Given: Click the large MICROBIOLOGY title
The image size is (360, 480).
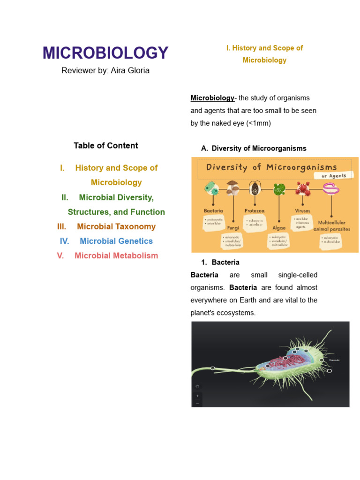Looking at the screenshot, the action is click(105, 53).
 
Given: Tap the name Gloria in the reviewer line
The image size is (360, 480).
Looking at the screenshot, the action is click(137, 71).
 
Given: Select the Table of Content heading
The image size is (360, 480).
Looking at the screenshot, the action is click(105, 145).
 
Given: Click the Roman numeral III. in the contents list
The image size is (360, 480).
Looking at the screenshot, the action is click(61, 226).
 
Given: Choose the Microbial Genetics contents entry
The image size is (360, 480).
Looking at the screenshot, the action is click(116, 241).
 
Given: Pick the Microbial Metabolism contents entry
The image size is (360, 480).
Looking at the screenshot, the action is click(116, 255).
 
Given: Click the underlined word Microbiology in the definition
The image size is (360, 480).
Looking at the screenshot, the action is click(212, 98).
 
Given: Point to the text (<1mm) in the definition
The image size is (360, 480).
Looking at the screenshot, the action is click(258, 123).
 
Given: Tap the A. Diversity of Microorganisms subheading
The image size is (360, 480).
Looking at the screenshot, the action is click(254, 148).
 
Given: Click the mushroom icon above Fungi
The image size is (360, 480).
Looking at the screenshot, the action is click(233, 188).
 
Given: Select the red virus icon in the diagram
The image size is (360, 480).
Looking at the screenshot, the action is click(302, 188).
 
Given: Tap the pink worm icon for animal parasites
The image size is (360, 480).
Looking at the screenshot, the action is click(331, 188).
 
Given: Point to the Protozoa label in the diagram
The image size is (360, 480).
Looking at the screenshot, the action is click(254, 211).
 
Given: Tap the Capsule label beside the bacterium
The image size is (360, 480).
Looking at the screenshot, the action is click(334, 360).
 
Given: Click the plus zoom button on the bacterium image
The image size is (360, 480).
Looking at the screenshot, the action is click(197, 396).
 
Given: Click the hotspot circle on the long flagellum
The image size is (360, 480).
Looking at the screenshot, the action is click(213, 368).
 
